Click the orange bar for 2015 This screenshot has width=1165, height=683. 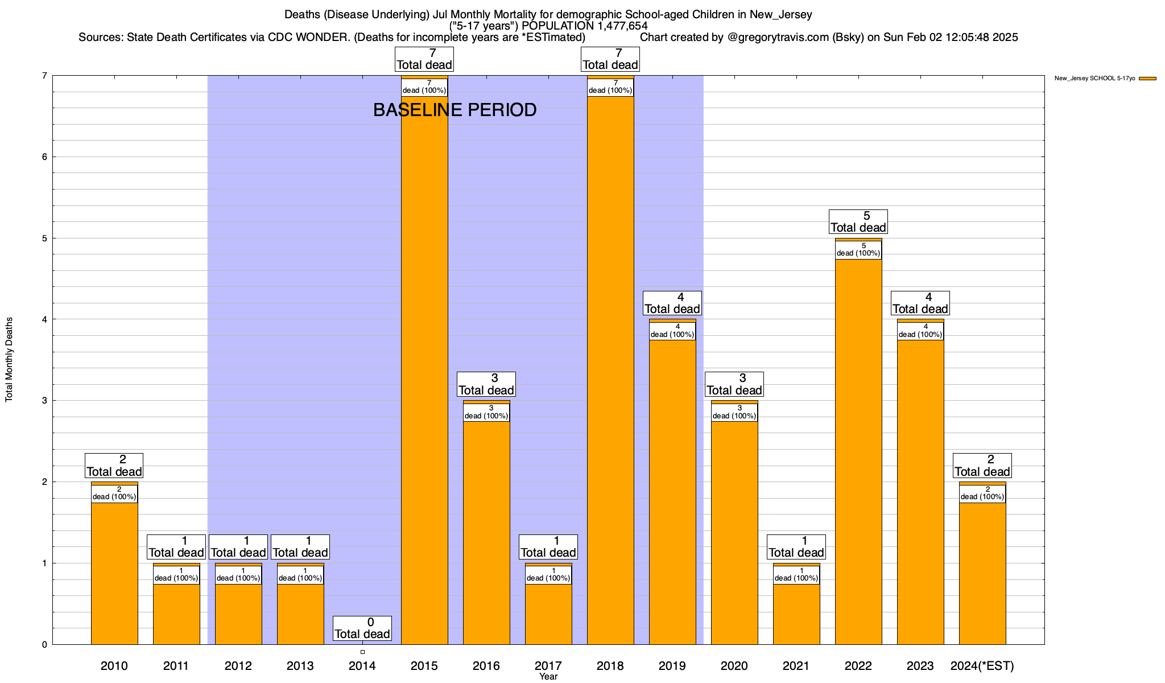[x=424, y=370]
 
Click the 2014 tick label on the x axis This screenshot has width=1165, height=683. [x=362, y=666]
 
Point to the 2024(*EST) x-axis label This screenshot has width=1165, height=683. [x=982, y=666]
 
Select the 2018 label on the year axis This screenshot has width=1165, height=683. [x=610, y=666]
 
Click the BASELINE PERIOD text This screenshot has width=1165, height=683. [x=455, y=110]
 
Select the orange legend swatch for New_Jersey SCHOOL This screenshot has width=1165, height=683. [x=1147, y=79]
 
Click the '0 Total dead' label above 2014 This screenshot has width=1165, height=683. [x=362, y=628]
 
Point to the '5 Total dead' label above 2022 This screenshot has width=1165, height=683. [x=858, y=222]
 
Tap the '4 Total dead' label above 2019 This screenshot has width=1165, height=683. [x=672, y=303]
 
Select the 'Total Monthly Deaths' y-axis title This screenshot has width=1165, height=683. [x=9, y=360]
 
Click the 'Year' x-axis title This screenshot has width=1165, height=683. [x=548, y=677]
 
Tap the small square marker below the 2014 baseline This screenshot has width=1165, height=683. [x=362, y=652]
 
